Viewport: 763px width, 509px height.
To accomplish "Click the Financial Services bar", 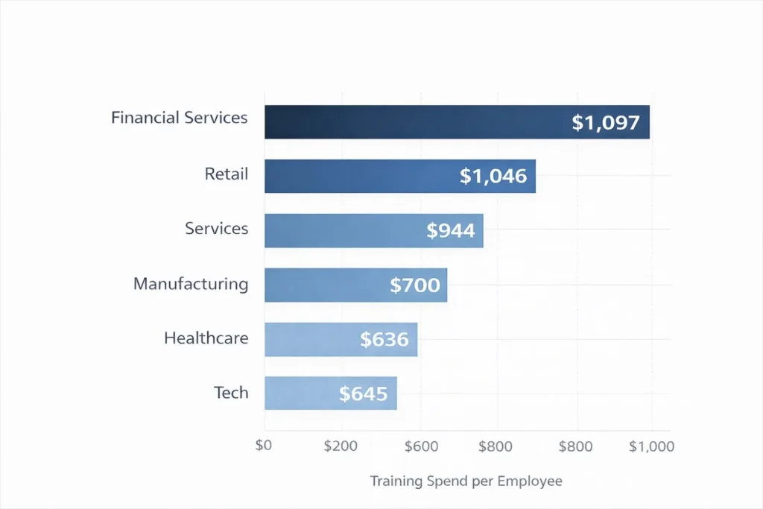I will pyautogui.click(x=457, y=122).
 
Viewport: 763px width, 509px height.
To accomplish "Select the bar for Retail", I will pyautogui.click(x=399, y=176).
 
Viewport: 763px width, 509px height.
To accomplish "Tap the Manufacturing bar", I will pyautogui.click(x=355, y=285).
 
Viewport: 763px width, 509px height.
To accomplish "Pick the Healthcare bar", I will pyautogui.click(x=341, y=339).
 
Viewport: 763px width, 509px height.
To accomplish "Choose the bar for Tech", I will pyautogui.click(x=330, y=393).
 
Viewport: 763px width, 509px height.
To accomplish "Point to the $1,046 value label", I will pyautogui.click(x=493, y=177).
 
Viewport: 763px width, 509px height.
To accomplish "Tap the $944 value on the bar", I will pyautogui.click(x=451, y=231).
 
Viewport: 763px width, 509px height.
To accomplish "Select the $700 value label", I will pyautogui.click(x=415, y=285).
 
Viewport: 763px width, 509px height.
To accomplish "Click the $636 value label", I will pyautogui.click(x=384, y=340).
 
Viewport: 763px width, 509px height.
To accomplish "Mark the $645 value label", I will pyautogui.click(x=364, y=393).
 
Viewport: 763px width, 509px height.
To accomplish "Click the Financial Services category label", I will pyautogui.click(x=179, y=118).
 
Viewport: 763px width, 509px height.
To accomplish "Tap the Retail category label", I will pyautogui.click(x=227, y=174).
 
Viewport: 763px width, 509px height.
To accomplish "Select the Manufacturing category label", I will pyautogui.click(x=191, y=284).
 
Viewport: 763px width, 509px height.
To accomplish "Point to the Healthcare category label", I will pyautogui.click(x=206, y=338).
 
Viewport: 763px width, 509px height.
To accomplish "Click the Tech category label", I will pyautogui.click(x=231, y=393).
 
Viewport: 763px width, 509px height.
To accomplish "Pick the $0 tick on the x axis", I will pyautogui.click(x=265, y=446).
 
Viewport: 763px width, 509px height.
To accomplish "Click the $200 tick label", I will pyautogui.click(x=342, y=446).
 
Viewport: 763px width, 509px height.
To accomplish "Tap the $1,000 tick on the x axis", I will pyautogui.click(x=651, y=446).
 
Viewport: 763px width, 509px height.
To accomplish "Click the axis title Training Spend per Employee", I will pyautogui.click(x=466, y=481).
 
